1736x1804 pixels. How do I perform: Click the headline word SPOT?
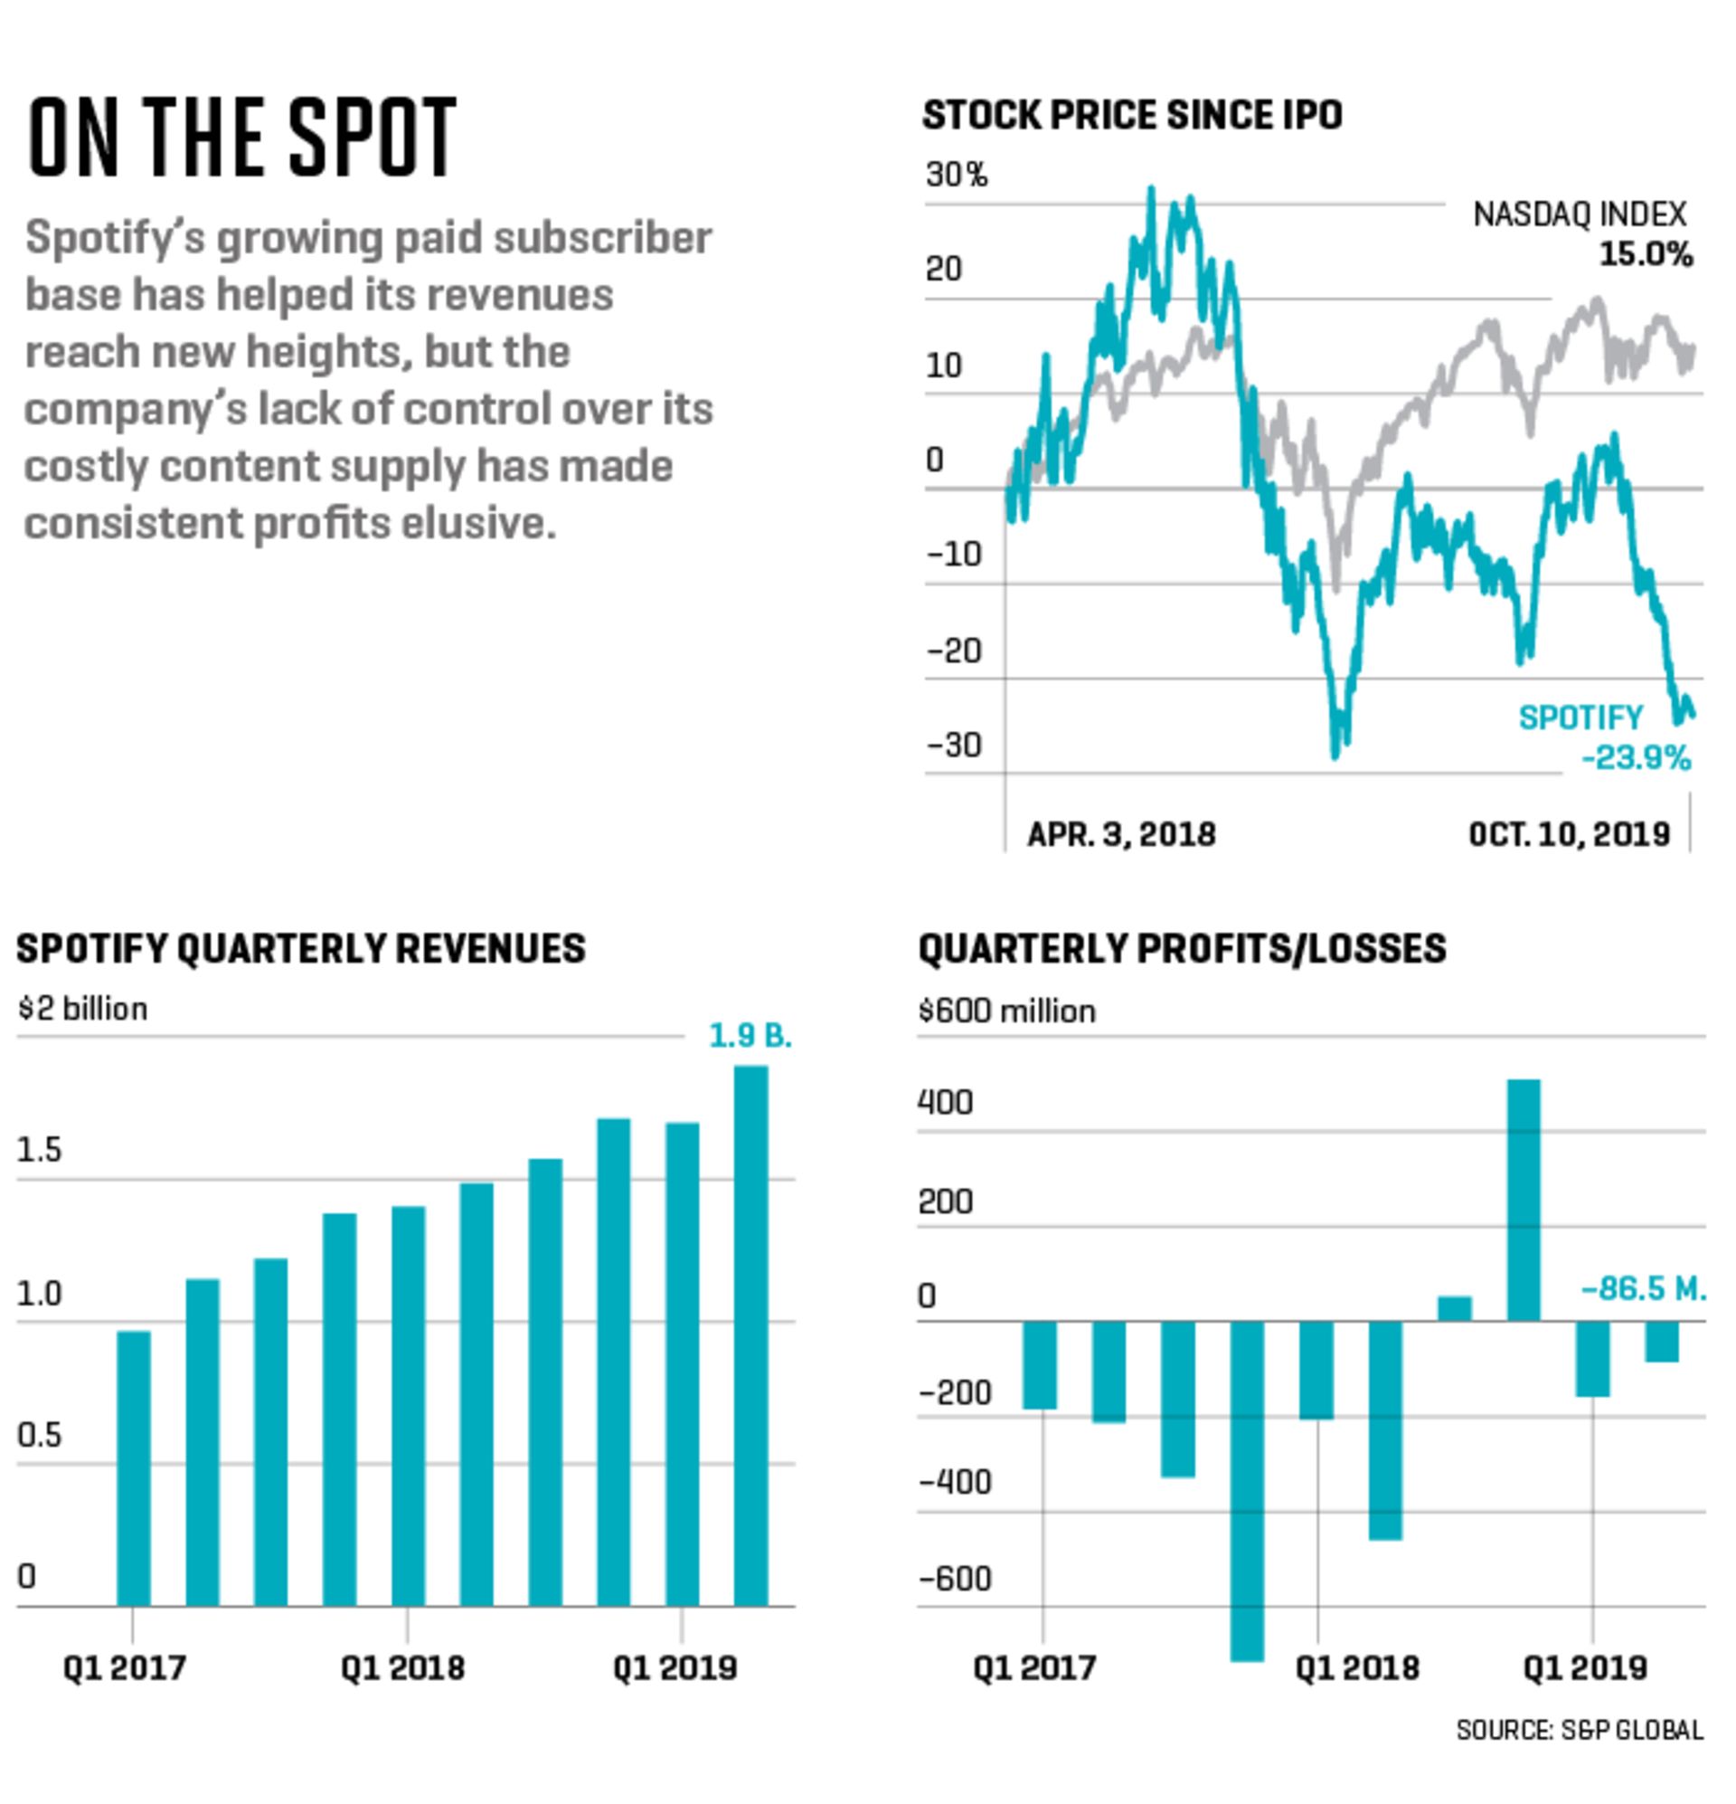coord(373,138)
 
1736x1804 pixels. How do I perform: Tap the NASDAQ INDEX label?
coord(1579,214)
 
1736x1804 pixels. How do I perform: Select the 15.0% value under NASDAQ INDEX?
coord(1645,254)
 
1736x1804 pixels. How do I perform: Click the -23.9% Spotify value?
coord(1636,757)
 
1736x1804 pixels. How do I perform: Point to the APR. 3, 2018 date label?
coord(1120,834)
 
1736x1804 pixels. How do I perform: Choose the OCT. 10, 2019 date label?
coord(1569,834)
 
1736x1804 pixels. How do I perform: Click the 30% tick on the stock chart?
coord(956,174)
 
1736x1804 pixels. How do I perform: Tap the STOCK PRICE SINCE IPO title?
coord(1132,116)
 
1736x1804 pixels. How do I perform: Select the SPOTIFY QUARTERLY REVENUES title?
coord(301,949)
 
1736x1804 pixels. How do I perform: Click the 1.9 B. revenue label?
coord(750,1036)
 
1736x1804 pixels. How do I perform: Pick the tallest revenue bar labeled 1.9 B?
coord(750,1334)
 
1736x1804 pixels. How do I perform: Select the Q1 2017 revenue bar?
coord(134,1468)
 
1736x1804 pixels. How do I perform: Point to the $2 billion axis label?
coord(82,1009)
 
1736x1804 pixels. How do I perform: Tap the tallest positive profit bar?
coord(1524,1201)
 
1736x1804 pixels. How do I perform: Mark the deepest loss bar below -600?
coord(1248,1491)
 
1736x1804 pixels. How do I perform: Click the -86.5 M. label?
coord(1643,1288)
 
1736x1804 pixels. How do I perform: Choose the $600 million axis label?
coord(1006,1011)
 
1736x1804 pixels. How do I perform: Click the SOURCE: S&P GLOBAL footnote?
coord(1579,1731)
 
